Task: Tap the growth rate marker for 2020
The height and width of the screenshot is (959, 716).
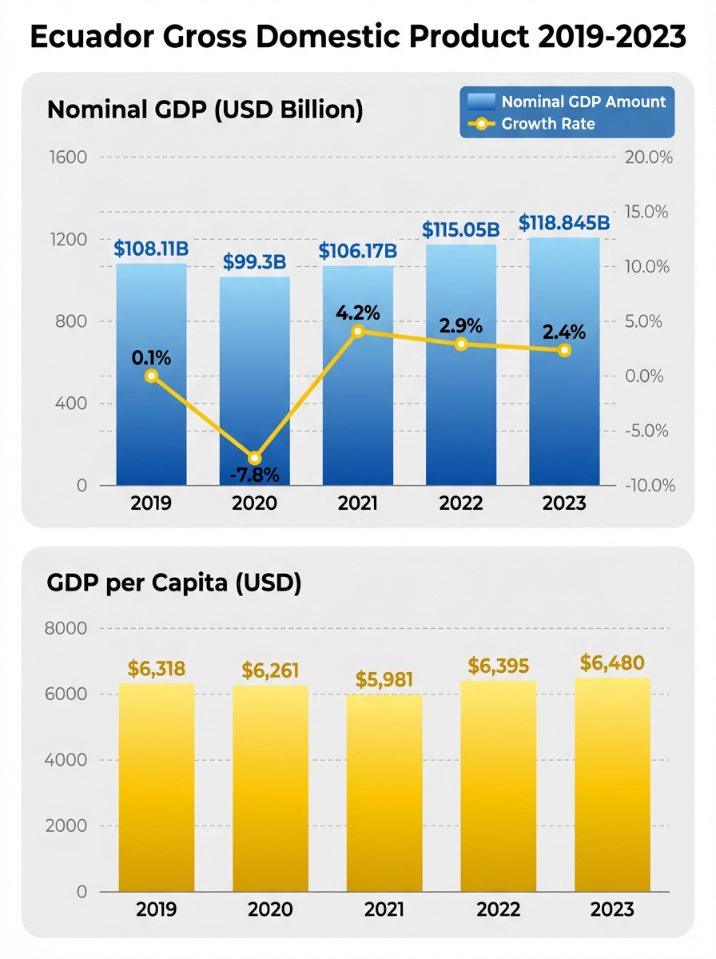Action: point(255,458)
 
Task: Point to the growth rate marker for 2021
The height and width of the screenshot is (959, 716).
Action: point(358,331)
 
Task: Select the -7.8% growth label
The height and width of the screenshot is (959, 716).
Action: point(255,476)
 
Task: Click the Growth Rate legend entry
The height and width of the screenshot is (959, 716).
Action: point(547,124)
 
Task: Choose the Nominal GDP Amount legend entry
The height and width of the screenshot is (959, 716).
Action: point(583,101)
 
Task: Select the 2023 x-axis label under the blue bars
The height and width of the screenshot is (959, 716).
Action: point(563,503)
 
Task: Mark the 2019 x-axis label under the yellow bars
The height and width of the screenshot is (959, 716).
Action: point(157,909)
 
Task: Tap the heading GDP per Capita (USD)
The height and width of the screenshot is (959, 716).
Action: point(174,584)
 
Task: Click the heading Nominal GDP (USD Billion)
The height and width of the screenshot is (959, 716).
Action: point(205,110)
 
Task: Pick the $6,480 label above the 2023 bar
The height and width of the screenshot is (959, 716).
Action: point(612,663)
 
